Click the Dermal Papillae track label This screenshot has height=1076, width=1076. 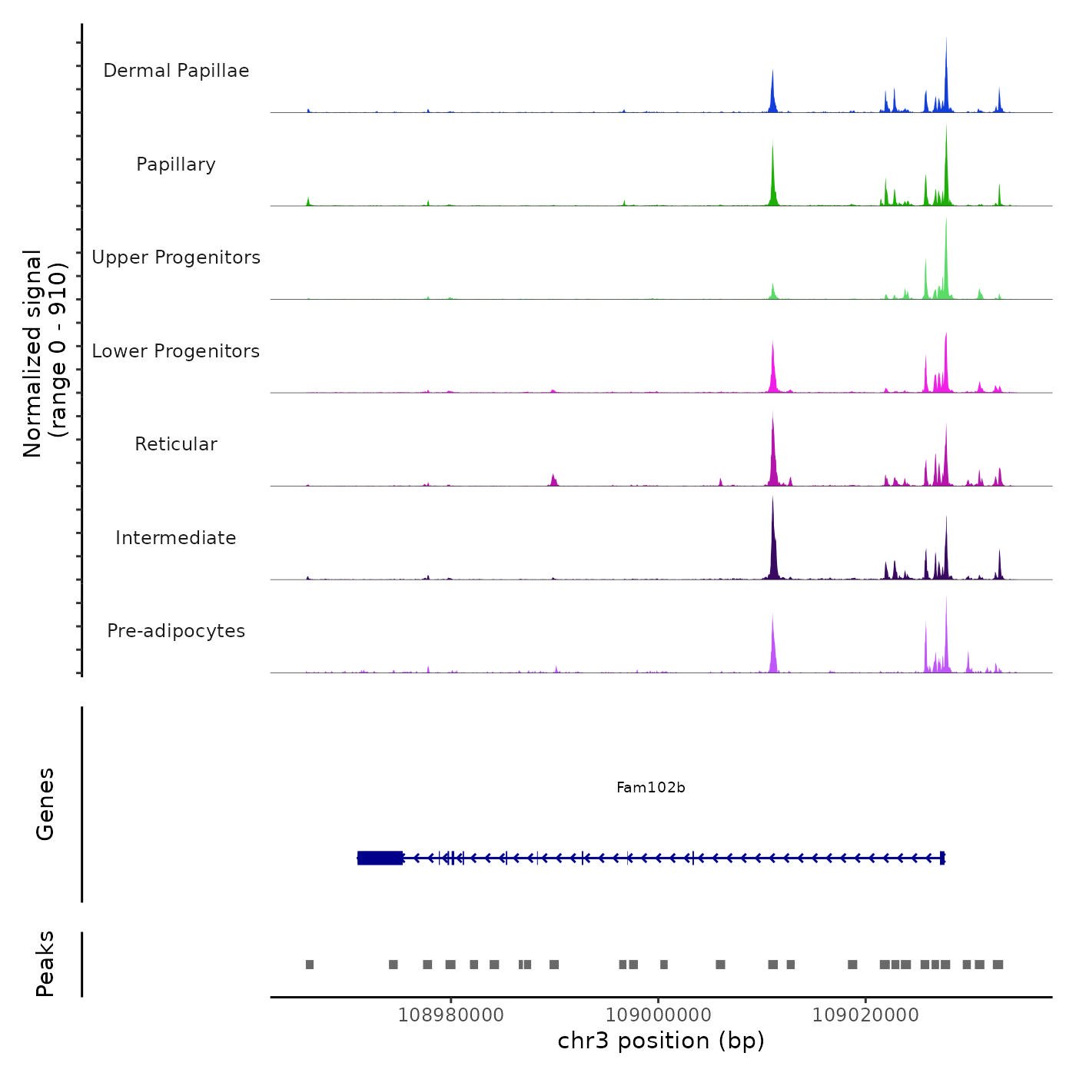pos(176,71)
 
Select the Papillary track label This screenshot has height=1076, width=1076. pos(176,164)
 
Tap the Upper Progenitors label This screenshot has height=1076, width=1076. pos(176,257)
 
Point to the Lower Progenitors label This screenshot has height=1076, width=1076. pos(176,351)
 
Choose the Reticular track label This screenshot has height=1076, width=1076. pos(176,444)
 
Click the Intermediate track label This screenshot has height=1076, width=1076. pos(176,538)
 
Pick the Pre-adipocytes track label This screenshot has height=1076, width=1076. pos(176,631)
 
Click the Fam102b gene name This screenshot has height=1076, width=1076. pos(650,788)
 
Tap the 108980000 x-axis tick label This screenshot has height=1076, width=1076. pos(451,1015)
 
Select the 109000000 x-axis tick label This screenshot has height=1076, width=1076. pos(659,1015)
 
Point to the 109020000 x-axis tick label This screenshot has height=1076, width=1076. pos(865,1015)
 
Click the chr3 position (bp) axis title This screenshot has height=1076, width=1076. pos(661,1041)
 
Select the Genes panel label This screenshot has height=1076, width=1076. pos(45,804)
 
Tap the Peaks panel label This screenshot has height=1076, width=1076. pos(45,964)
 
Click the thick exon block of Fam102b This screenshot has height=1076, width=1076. pos(380,858)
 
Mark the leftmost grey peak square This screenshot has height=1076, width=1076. pos(310,965)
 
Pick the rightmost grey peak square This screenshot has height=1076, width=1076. pos(998,965)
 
